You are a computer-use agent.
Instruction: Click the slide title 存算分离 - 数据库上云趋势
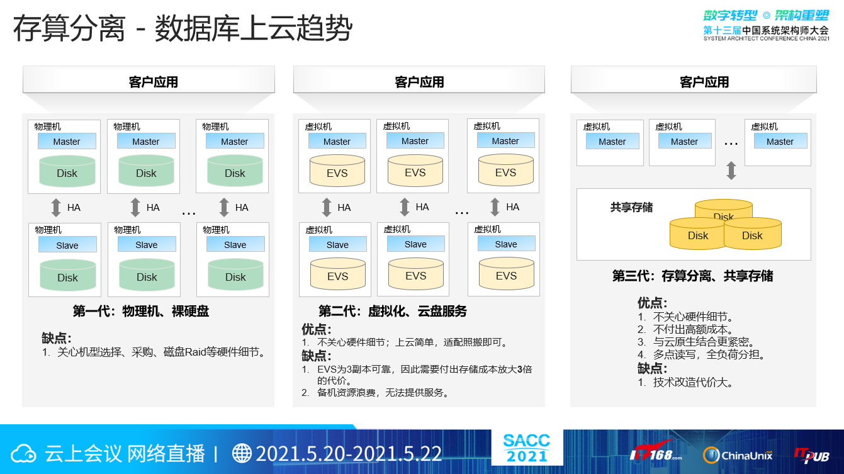tap(183, 28)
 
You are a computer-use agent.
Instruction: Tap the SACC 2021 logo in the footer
tap(527, 448)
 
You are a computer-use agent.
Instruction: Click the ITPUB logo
tap(811, 455)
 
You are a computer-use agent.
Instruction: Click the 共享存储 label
tap(631, 207)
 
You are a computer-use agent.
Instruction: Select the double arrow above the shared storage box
tap(731, 171)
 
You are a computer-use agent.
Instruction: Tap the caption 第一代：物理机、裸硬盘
tap(140, 311)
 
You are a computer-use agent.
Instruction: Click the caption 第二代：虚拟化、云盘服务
tap(393, 311)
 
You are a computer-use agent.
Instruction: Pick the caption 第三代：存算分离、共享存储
tap(692, 276)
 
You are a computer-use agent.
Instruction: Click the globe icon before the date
tap(242, 453)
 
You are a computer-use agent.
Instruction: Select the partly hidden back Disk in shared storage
tap(724, 209)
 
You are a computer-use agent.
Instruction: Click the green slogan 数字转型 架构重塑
tap(766, 16)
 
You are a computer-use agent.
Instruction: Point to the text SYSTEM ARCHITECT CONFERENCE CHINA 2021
tap(767, 38)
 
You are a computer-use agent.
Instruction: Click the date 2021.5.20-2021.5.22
tap(349, 453)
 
